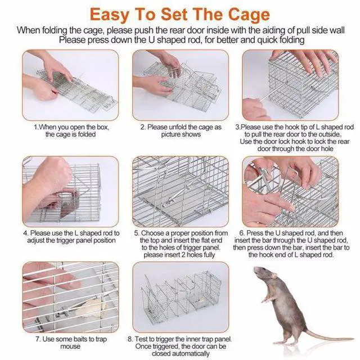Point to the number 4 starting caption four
(x=25, y=233)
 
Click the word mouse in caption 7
(x=70, y=346)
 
